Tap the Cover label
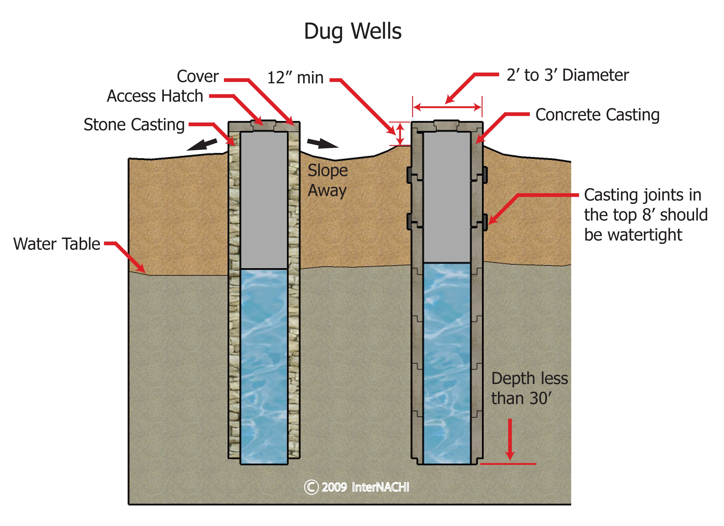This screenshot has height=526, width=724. pos(198,76)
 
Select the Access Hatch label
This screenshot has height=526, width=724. pos(155,96)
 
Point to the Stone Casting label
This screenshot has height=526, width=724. pos(134,125)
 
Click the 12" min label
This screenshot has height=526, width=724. pos(295,78)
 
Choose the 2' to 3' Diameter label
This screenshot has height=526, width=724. pos(568,75)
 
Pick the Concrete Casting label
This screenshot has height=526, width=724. pos(597,115)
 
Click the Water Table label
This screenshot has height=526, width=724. pos(57,244)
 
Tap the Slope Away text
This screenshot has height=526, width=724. pos(327,180)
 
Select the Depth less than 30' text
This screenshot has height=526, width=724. pos(529,388)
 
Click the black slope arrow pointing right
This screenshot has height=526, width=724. pos(323,144)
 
